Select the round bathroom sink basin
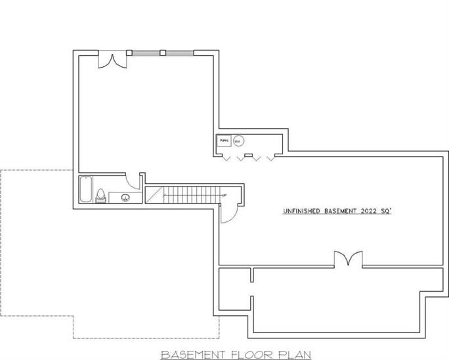point(126,196)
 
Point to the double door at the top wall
point(110,59)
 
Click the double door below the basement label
point(347,259)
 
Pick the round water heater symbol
point(239,140)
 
